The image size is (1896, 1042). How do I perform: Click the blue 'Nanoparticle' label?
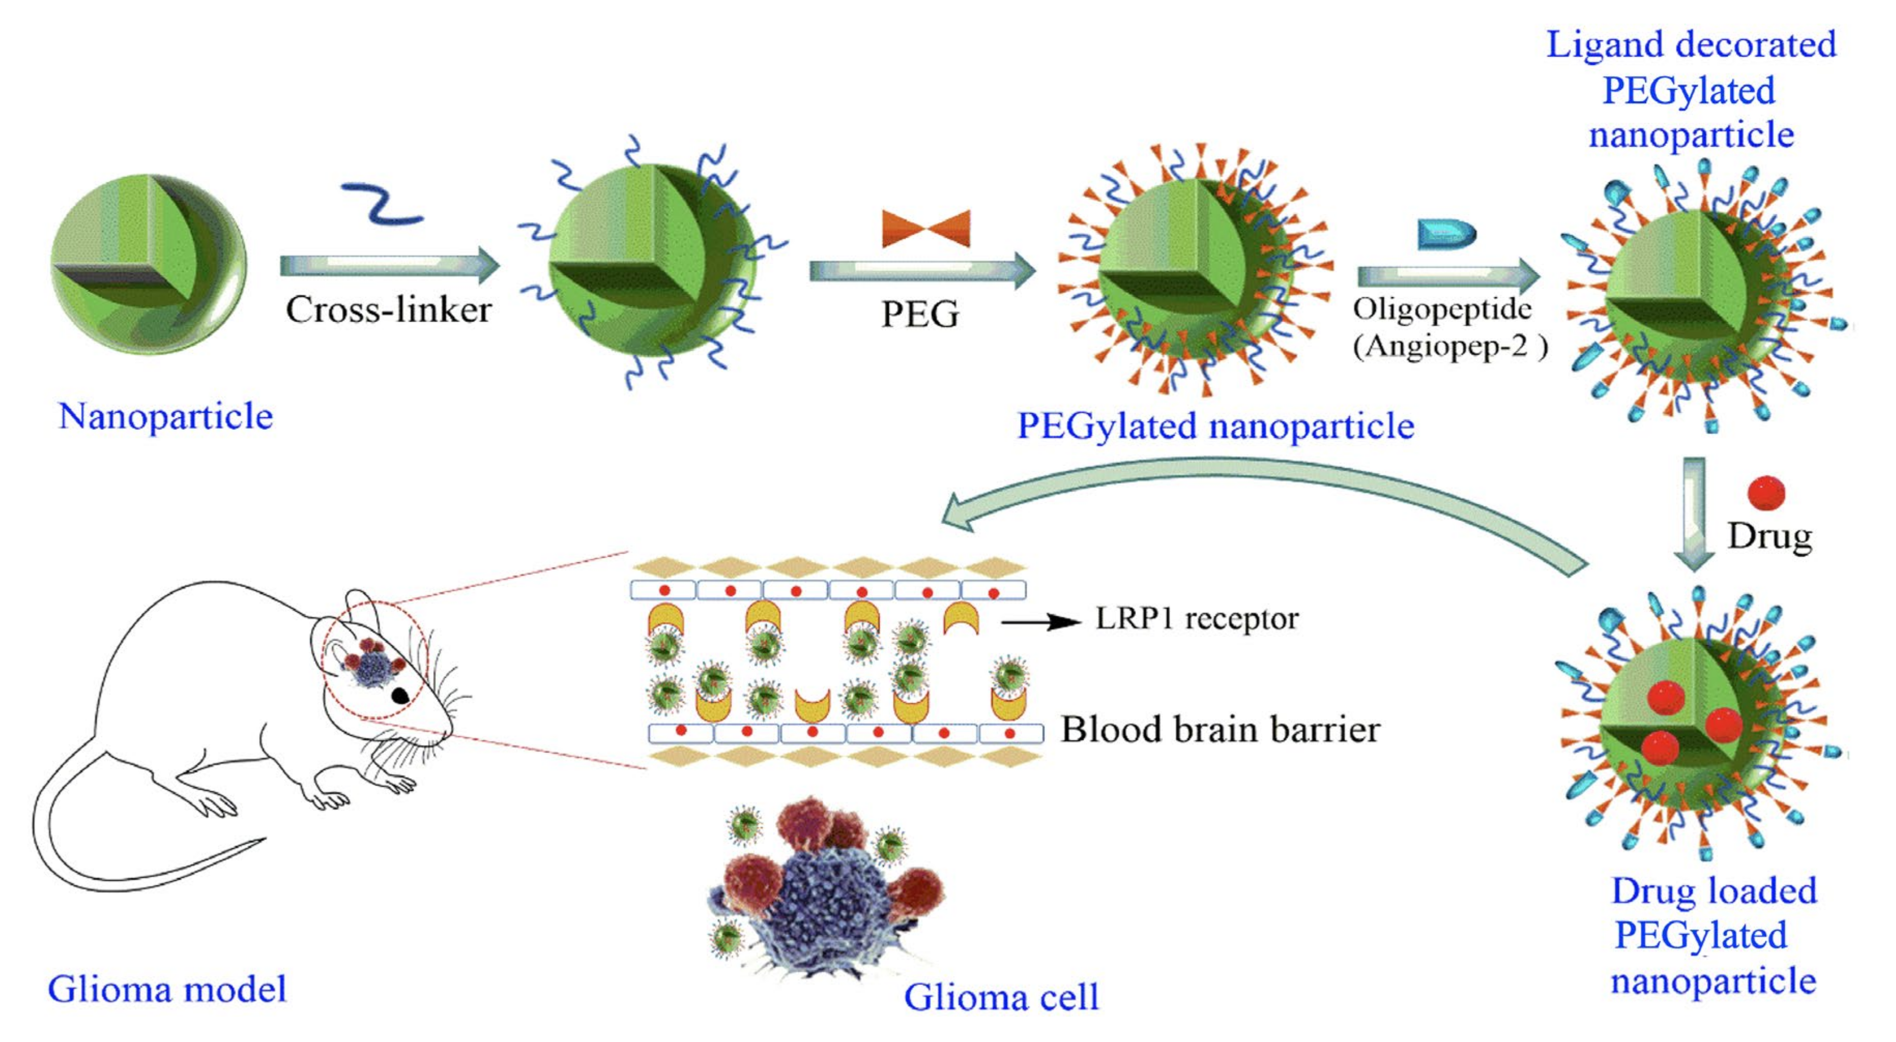tap(166, 416)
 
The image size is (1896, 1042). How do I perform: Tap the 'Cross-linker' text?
tap(389, 310)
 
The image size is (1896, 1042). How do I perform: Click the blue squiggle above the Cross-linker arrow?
tap(381, 203)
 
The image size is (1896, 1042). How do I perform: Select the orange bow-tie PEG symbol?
tap(926, 228)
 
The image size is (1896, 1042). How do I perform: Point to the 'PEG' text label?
tap(920, 315)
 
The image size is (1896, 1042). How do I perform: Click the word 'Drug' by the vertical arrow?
tap(1770, 537)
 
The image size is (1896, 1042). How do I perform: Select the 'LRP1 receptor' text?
tap(1197, 619)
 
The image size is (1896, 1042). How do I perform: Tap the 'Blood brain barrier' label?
tap(1219, 730)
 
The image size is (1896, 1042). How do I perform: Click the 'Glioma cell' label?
tap(1001, 998)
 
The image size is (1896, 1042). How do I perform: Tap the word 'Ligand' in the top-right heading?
tap(1597, 46)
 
